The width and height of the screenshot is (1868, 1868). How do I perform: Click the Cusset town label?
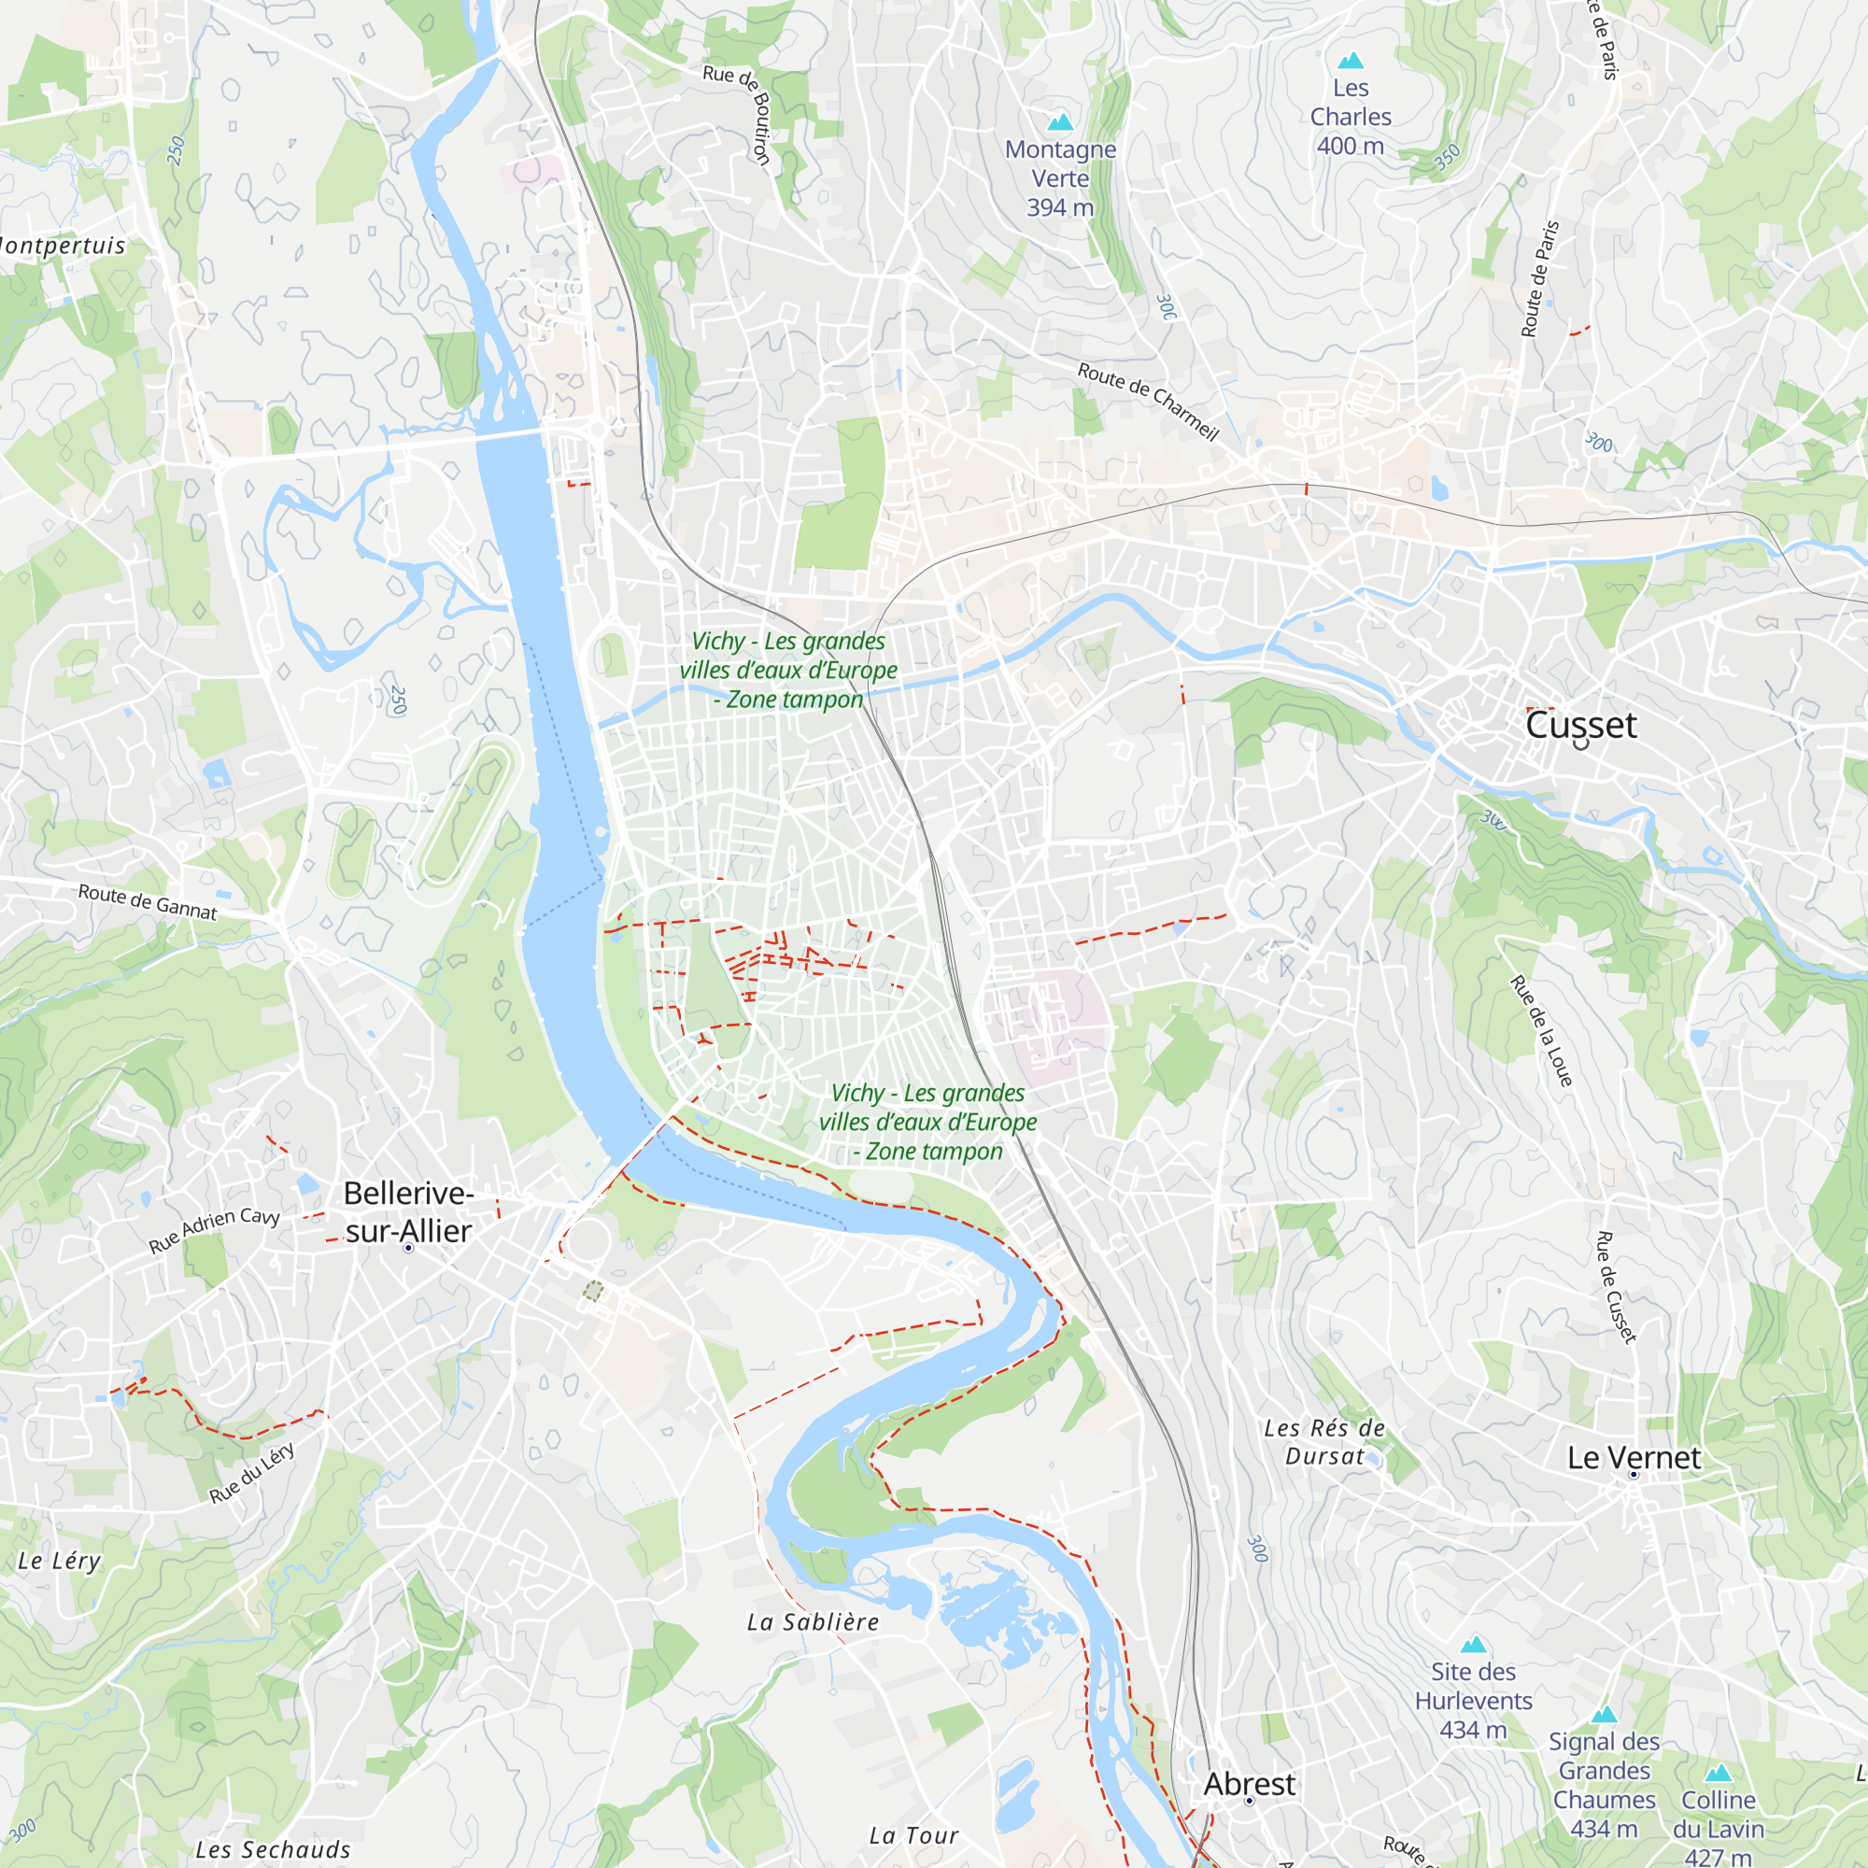1580,725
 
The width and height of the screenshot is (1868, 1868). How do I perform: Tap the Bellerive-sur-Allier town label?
408,1211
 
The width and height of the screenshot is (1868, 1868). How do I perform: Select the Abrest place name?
1248,1784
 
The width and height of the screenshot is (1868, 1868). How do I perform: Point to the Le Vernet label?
1633,1457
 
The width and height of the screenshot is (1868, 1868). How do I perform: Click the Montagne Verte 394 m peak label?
1060,177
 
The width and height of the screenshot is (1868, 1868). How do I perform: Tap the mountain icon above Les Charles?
1350,61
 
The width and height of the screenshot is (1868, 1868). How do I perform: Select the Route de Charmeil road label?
1148,402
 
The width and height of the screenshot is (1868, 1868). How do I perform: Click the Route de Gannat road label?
147,901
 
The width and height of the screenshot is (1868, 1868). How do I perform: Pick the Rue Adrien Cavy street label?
214,1231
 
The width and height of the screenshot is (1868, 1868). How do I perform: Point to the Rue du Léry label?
251,1474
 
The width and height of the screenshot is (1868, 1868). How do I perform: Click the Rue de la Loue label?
1541,1031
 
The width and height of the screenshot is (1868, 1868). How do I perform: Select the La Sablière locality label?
814,1622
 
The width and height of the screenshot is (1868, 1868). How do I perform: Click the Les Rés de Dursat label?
1323,1441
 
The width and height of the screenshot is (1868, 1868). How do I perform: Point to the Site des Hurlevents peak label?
1473,1700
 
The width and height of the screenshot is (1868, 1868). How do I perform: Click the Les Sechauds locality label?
273,1848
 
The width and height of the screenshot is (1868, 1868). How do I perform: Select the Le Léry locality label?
59,1561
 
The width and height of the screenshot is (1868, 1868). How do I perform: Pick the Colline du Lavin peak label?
1718,1828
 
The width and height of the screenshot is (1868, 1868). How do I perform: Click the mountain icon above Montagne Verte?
1060,121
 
